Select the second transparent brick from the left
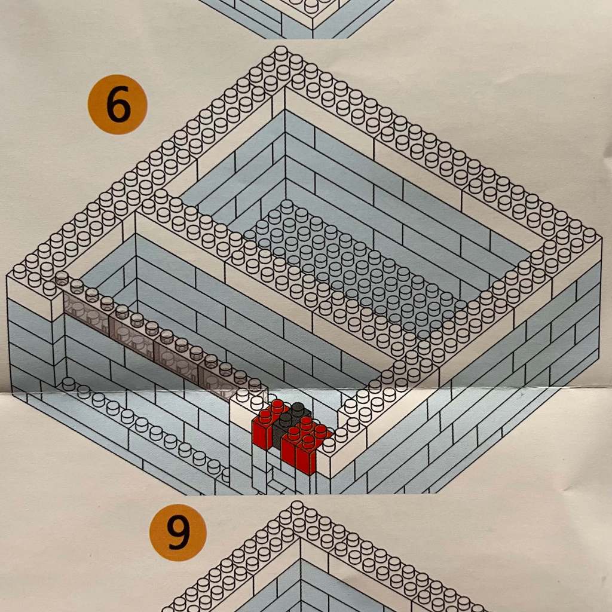coord(130,327)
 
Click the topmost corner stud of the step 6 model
coord(281,52)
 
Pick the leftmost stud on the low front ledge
coord(69,382)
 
